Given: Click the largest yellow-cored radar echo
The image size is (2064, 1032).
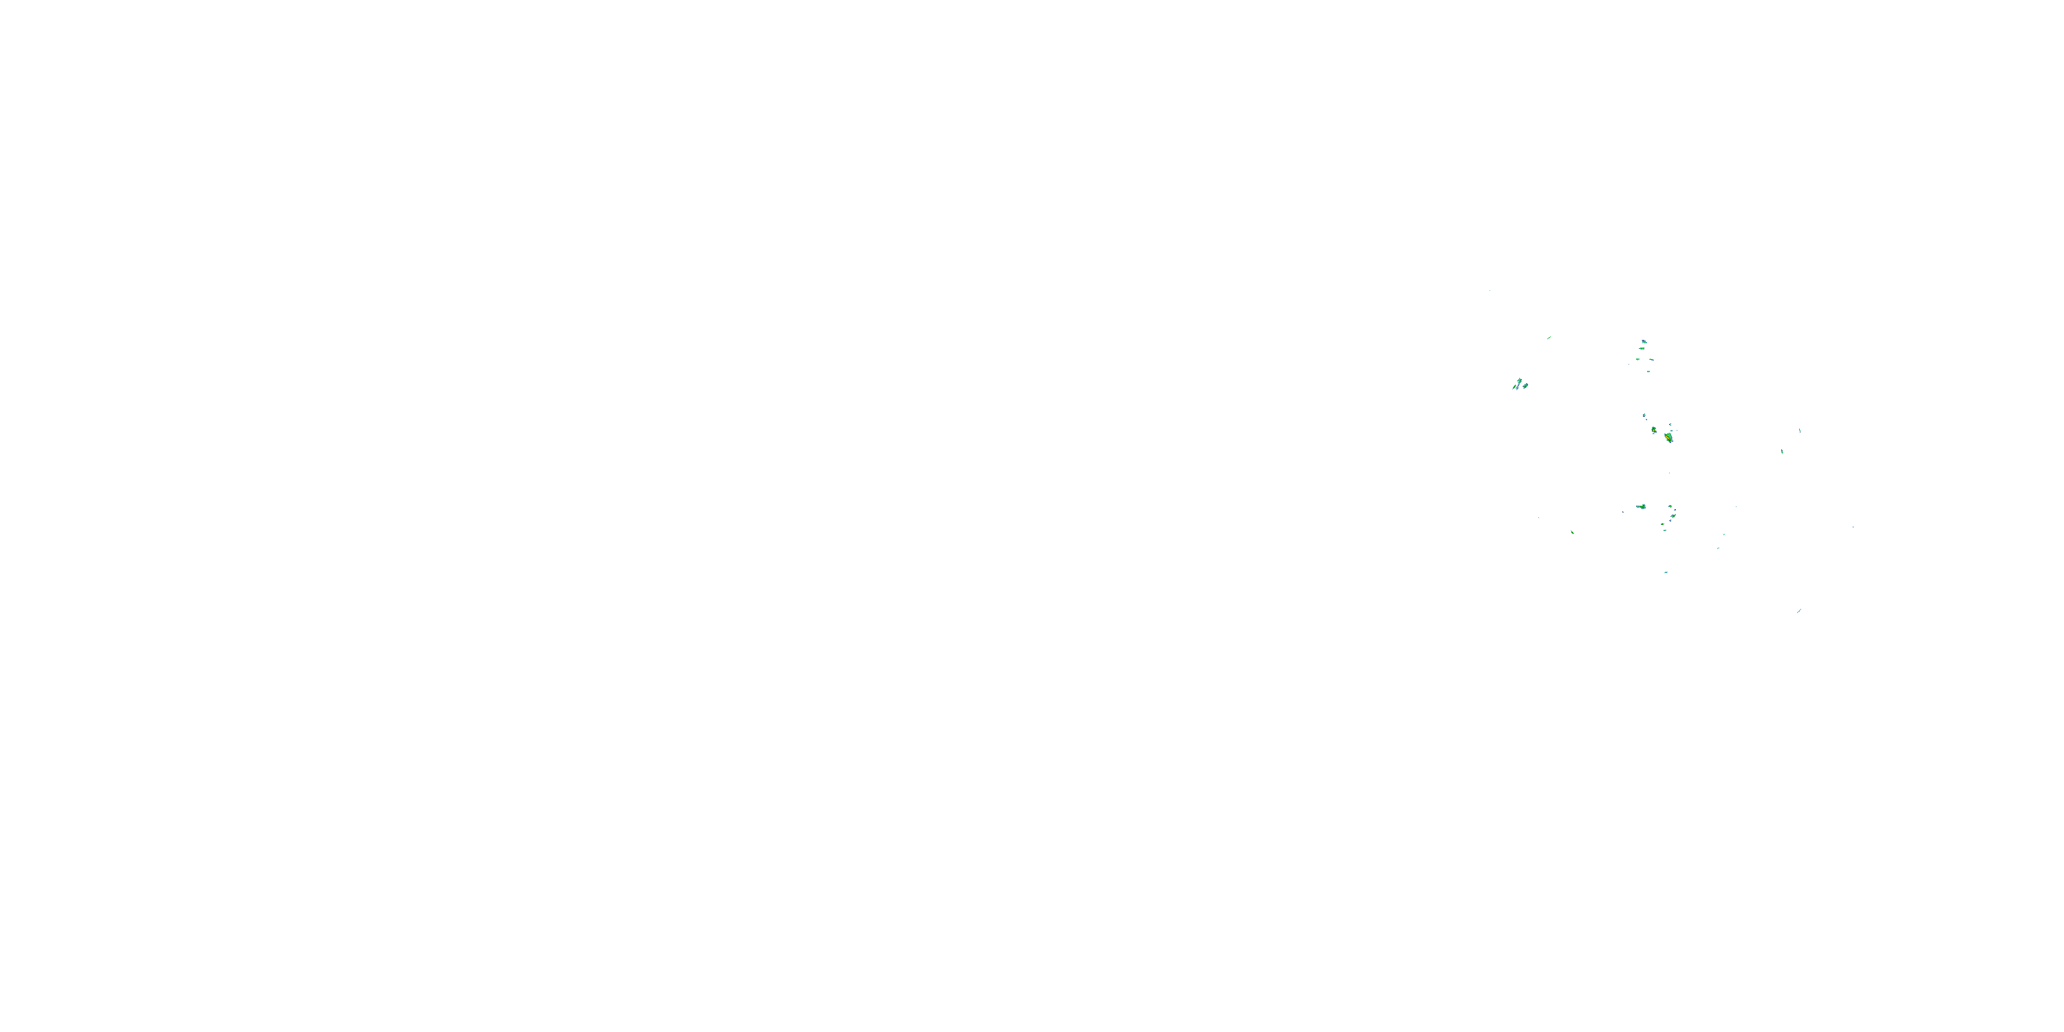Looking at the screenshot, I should coord(1669,438).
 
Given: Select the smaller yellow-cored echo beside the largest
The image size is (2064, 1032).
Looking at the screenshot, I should coord(1654,430).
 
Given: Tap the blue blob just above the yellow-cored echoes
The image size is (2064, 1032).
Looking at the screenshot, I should coord(1645,416).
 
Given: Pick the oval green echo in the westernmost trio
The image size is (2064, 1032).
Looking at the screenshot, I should coord(1525,386).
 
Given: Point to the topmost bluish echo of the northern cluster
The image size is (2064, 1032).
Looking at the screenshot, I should coord(1644,342).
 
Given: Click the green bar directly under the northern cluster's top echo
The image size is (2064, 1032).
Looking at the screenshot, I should coord(1642,350).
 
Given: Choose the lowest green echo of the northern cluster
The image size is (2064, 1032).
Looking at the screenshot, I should coord(1649,372).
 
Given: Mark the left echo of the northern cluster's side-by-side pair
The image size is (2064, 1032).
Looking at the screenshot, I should coord(1637,360).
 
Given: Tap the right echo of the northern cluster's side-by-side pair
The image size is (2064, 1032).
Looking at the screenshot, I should coord(1651,360).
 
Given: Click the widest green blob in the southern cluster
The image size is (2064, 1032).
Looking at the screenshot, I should coord(1642,506).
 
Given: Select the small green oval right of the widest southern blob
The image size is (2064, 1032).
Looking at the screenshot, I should coord(1670,506).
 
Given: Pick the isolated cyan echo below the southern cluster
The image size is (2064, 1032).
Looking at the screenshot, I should coord(1666,572).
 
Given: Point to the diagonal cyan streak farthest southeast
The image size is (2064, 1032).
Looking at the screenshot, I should coord(1799,612).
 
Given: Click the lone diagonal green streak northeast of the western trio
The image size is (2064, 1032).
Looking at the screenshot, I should coord(1549,338).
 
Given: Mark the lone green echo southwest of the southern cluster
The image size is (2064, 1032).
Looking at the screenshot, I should coord(1573,533).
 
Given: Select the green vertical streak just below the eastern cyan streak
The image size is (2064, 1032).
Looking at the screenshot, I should coord(1782,452).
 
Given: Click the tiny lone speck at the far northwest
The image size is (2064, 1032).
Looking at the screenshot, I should coord(1490,290).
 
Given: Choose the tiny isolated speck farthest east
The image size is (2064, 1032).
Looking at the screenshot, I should coord(1853,526).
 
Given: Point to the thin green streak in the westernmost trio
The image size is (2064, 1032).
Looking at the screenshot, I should coord(1514,388).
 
